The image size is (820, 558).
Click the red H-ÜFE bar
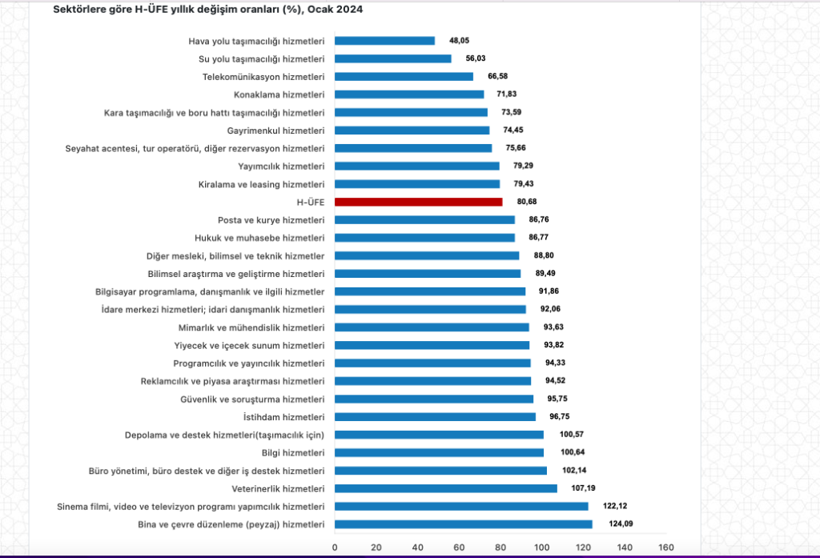click(418, 202)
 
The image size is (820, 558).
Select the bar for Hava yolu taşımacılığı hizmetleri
click(384, 41)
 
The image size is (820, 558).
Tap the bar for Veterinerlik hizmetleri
click(445, 488)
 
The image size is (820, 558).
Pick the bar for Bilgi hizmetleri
click(439, 452)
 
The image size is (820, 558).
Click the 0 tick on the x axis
click(335, 548)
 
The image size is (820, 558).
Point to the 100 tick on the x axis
click(541, 548)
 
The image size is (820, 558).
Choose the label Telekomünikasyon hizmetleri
click(263, 77)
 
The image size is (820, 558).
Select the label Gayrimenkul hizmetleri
click(275, 130)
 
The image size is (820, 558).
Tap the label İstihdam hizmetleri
click(283, 417)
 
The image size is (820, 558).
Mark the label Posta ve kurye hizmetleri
click(271, 220)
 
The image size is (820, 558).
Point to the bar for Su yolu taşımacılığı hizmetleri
click(392, 58)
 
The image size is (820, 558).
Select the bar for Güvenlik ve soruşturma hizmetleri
click(433, 399)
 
